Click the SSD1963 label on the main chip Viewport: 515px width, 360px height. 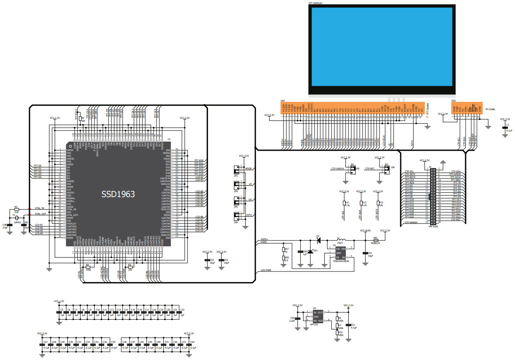118,195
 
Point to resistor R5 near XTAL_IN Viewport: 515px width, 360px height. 16,210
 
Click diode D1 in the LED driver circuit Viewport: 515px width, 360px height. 318,240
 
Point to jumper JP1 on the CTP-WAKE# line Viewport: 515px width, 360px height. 352,169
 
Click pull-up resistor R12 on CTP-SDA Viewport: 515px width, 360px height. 361,203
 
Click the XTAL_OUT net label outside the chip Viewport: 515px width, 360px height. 40,214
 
